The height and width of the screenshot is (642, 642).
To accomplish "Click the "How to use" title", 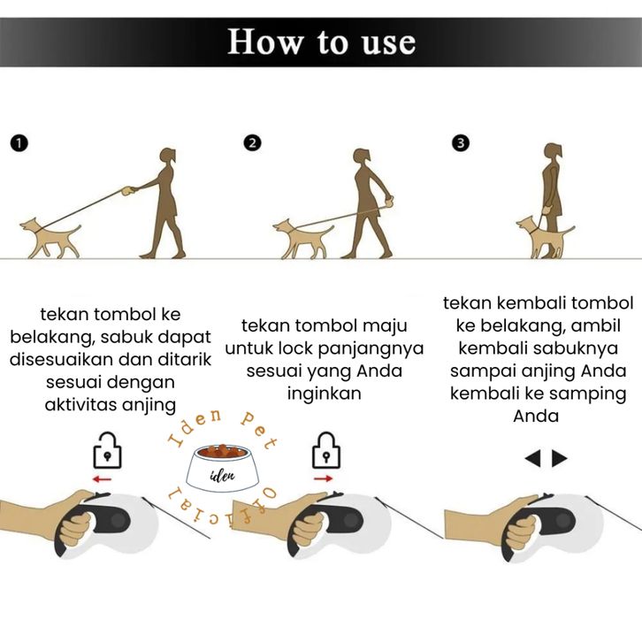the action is (x=321, y=42).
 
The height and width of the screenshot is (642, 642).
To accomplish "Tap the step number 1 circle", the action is (x=19, y=144).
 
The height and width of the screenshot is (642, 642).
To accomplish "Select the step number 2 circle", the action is (x=252, y=143).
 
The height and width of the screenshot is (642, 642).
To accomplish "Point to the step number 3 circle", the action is (x=461, y=143).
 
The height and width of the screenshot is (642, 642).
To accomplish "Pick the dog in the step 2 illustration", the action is (x=303, y=239).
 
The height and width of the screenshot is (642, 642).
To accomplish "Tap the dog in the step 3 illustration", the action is (x=545, y=238).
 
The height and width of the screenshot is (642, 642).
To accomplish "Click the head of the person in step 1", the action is (x=167, y=157).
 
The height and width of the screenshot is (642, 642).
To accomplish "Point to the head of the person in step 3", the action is (x=553, y=151).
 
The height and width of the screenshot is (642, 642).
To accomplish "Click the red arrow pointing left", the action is (x=102, y=479).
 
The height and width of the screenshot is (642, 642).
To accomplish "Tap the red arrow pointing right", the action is (x=324, y=478).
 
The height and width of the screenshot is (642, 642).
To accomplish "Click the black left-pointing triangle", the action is (x=533, y=458).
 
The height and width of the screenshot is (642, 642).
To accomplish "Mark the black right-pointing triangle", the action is (x=559, y=458).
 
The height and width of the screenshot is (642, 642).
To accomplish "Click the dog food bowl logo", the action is (x=222, y=468).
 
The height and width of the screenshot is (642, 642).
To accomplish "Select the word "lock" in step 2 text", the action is (x=295, y=348).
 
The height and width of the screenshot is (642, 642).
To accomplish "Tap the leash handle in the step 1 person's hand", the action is (x=129, y=191).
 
